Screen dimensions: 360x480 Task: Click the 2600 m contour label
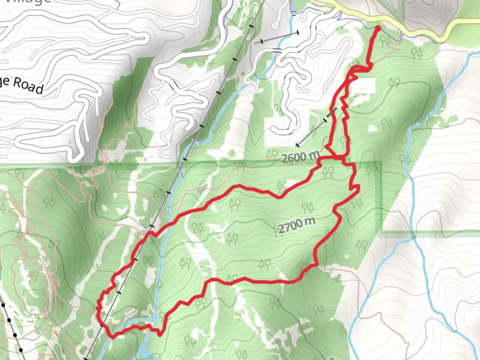pyautogui.click(x=300, y=156)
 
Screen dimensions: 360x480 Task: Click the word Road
pyautogui.click(x=29, y=85)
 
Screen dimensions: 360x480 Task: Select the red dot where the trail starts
pyautogui.click(x=378, y=28)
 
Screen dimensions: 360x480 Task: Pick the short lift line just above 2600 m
pyautogui.click(x=315, y=128)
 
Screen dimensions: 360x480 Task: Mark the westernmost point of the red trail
pyautogui.click(x=98, y=308)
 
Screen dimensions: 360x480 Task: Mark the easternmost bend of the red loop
pyautogui.click(x=358, y=190)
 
